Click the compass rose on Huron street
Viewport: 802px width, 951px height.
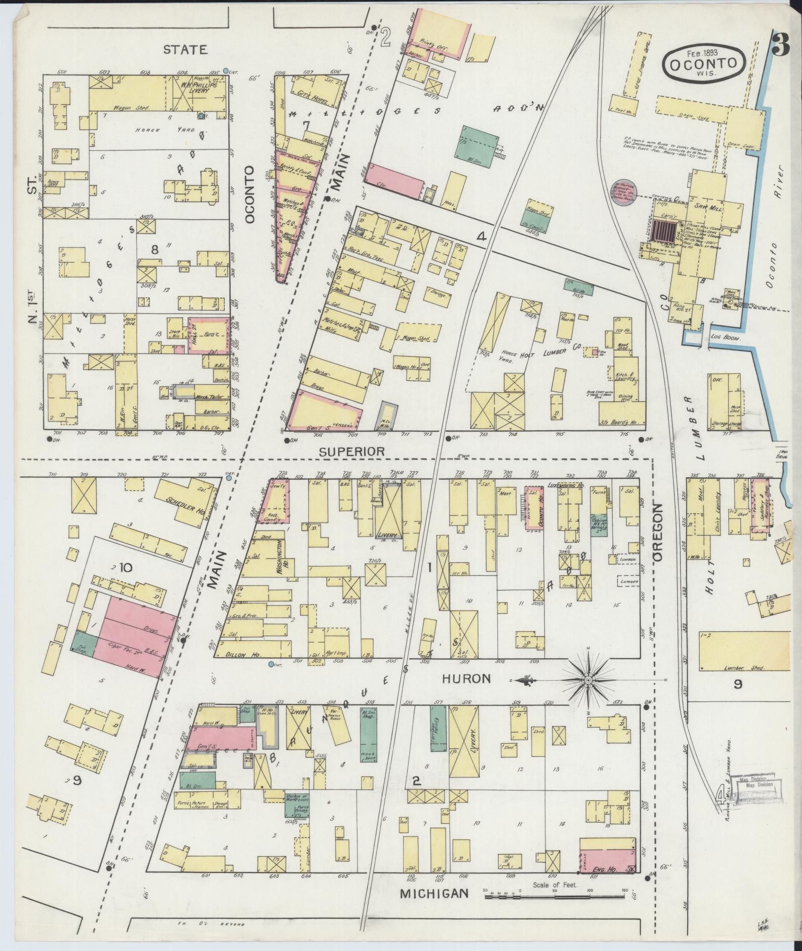[x=588, y=679]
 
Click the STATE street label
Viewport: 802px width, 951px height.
[x=185, y=50]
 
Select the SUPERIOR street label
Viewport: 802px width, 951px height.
[x=352, y=451]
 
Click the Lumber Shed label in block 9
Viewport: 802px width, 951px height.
[x=737, y=668]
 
